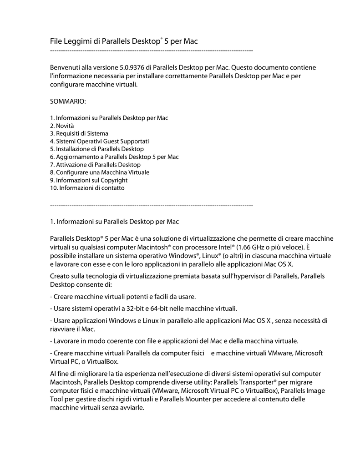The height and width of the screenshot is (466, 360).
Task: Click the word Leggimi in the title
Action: (75, 41)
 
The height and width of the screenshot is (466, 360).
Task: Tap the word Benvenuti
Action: (65, 67)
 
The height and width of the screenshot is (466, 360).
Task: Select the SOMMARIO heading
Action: (68, 100)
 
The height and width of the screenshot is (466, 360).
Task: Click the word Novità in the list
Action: (65, 126)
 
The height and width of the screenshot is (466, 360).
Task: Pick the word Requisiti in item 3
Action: (70, 133)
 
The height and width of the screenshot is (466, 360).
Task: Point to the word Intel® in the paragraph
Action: (226, 247)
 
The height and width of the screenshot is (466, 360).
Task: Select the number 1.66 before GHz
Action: (246, 247)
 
